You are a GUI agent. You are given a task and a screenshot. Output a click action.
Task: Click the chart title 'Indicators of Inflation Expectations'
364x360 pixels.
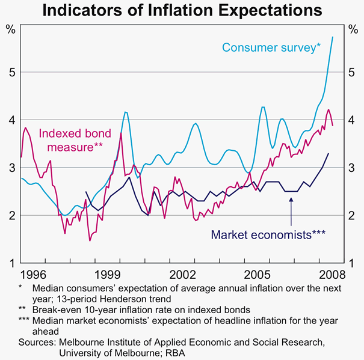point(182,11)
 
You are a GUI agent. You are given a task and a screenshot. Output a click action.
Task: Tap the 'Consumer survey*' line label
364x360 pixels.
point(271,46)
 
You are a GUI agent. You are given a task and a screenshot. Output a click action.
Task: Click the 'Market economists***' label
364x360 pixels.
point(268,234)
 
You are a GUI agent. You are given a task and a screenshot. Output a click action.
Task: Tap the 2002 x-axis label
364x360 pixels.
point(183,275)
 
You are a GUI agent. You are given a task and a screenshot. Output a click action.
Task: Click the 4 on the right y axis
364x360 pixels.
point(353,120)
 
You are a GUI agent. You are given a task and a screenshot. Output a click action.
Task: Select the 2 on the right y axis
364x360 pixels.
point(353,215)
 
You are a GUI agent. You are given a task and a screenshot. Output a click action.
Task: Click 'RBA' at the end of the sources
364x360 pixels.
point(187,353)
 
